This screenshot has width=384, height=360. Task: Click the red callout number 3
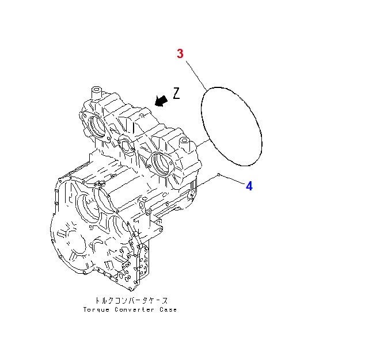click(x=180, y=53)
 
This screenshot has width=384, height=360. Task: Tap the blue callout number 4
click(x=249, y=186)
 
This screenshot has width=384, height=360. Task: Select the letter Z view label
click(x=176, y=93)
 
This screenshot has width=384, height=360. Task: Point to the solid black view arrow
click(x=161, y=101)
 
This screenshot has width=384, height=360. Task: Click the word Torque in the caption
click(x=96, y=310)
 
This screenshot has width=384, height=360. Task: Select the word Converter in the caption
click(x=135, y=309)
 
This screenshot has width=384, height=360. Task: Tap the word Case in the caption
click(x=168, y=309)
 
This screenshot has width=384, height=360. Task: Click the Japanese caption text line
click(x=131, y=301)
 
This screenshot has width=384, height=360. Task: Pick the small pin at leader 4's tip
click(x=219, y=174)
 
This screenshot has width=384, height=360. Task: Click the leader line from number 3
click(x=196, y=75)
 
